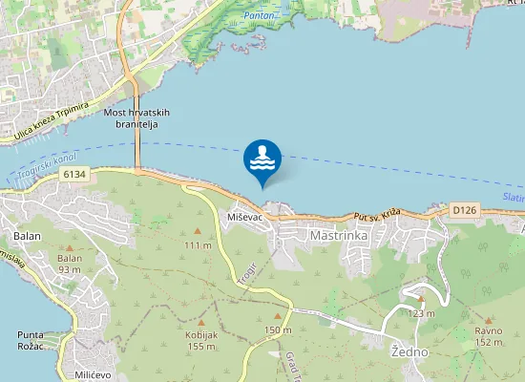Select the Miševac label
(x=245, y=218)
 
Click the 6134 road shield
(x=73, y=174)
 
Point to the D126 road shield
(x=464, y=208)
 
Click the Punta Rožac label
(x=37, y=341)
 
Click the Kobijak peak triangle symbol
(x=201, y=308)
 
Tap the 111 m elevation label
(x=198, y=245)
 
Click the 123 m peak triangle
(x=420, y=298)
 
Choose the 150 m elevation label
(x=278, y=329)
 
